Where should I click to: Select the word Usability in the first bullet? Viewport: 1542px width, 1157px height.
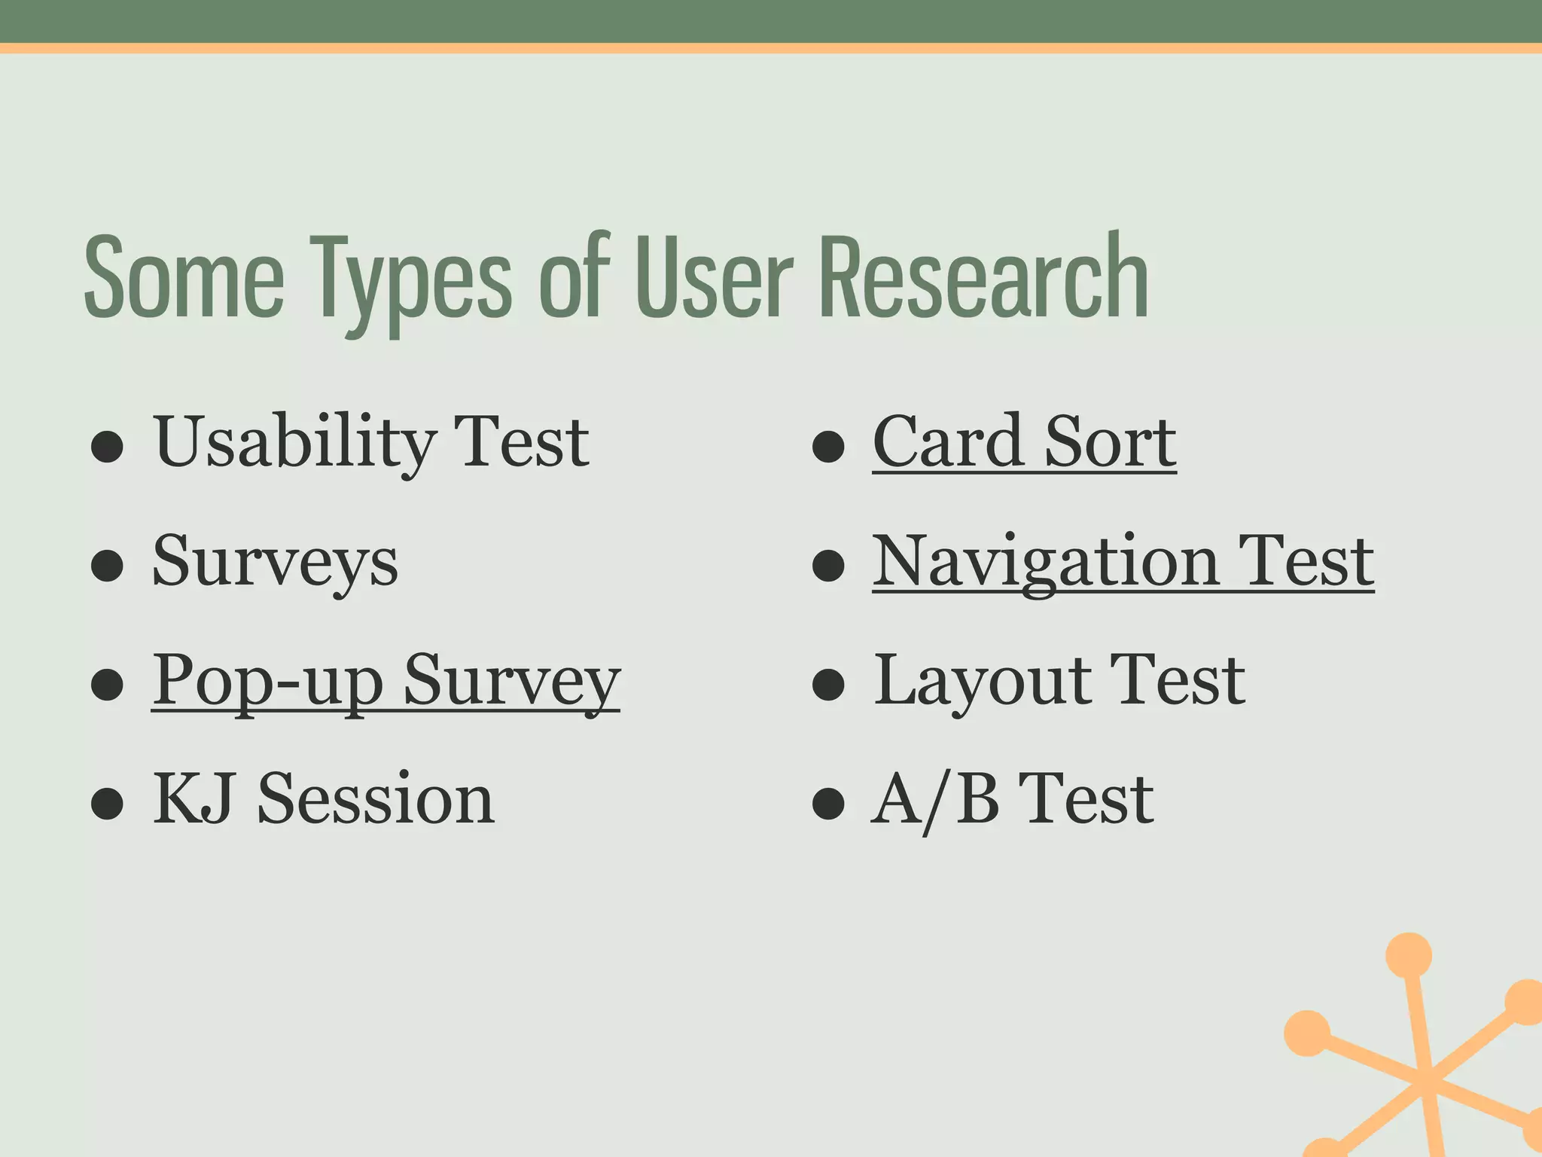coord(294,443)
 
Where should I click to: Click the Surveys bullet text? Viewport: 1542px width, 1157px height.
coord(275,562)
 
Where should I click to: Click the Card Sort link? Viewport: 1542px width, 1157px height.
coord(1024,443)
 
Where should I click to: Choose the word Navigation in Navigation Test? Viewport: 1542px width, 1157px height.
coord(1045,562)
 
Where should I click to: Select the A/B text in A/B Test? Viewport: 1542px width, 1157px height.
coord(935,799)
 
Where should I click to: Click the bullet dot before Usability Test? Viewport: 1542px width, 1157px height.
coord(107,447)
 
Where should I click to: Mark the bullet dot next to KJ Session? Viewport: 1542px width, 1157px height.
coord(107,803)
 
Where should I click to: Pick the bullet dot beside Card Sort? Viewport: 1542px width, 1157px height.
coord(828,447)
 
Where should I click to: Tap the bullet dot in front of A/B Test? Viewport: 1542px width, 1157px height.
coord(828,803)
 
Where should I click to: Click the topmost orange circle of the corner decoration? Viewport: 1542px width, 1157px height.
coord(1408,955)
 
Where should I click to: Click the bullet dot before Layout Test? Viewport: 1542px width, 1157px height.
coord(828,684)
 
